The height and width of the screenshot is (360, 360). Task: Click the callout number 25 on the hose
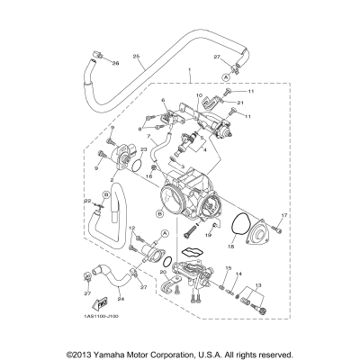[137, 58]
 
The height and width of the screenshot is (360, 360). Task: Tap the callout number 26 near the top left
[115, 64]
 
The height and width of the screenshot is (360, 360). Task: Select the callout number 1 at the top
[188, 69]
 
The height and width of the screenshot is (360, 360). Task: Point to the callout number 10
[199, 94]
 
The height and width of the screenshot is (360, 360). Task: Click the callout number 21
[241, 104]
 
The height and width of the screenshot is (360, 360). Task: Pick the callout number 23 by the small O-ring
[143, 151]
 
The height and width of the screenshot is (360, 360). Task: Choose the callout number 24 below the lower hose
[121, 299]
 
